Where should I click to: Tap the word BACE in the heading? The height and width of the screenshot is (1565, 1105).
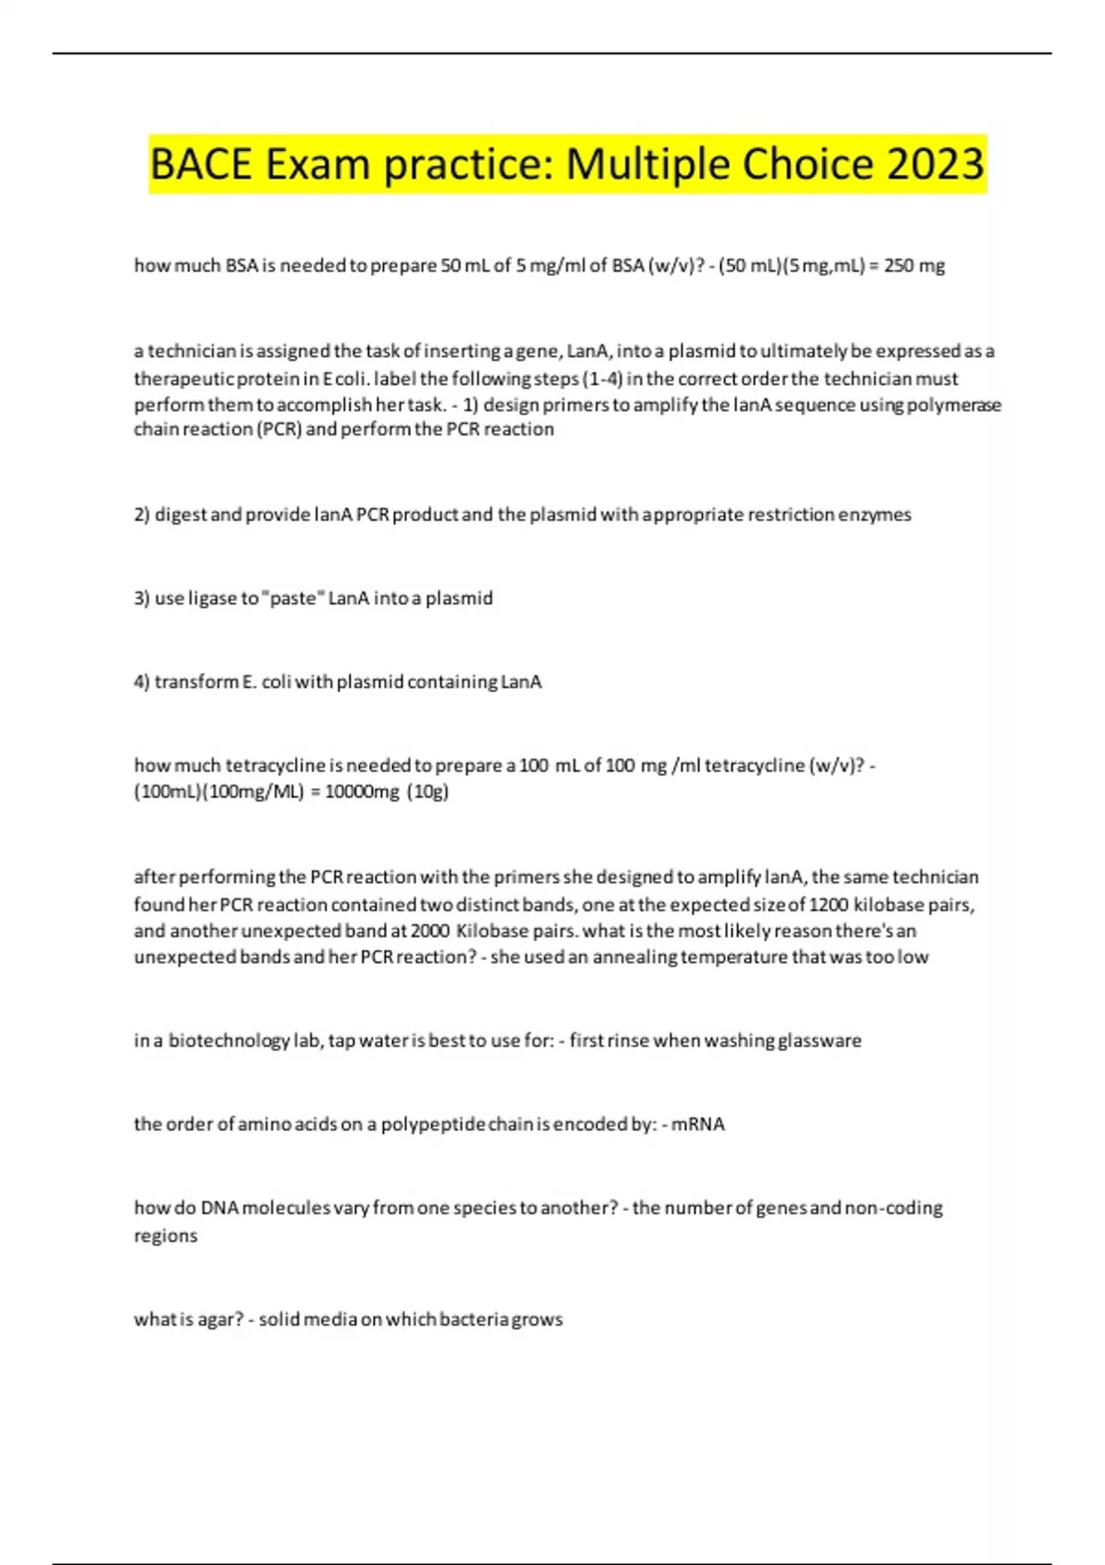[x=201, y=165]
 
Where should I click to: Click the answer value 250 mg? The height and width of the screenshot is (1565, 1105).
[x=913, y=266]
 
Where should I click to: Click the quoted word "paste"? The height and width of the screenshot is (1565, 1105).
[x=293, y=598]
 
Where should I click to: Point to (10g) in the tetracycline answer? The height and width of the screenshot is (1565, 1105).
[x=427, y=792]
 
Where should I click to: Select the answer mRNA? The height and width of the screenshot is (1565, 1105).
[x=698, y=1124]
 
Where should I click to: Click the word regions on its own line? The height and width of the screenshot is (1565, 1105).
[x=166, y=1235]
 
